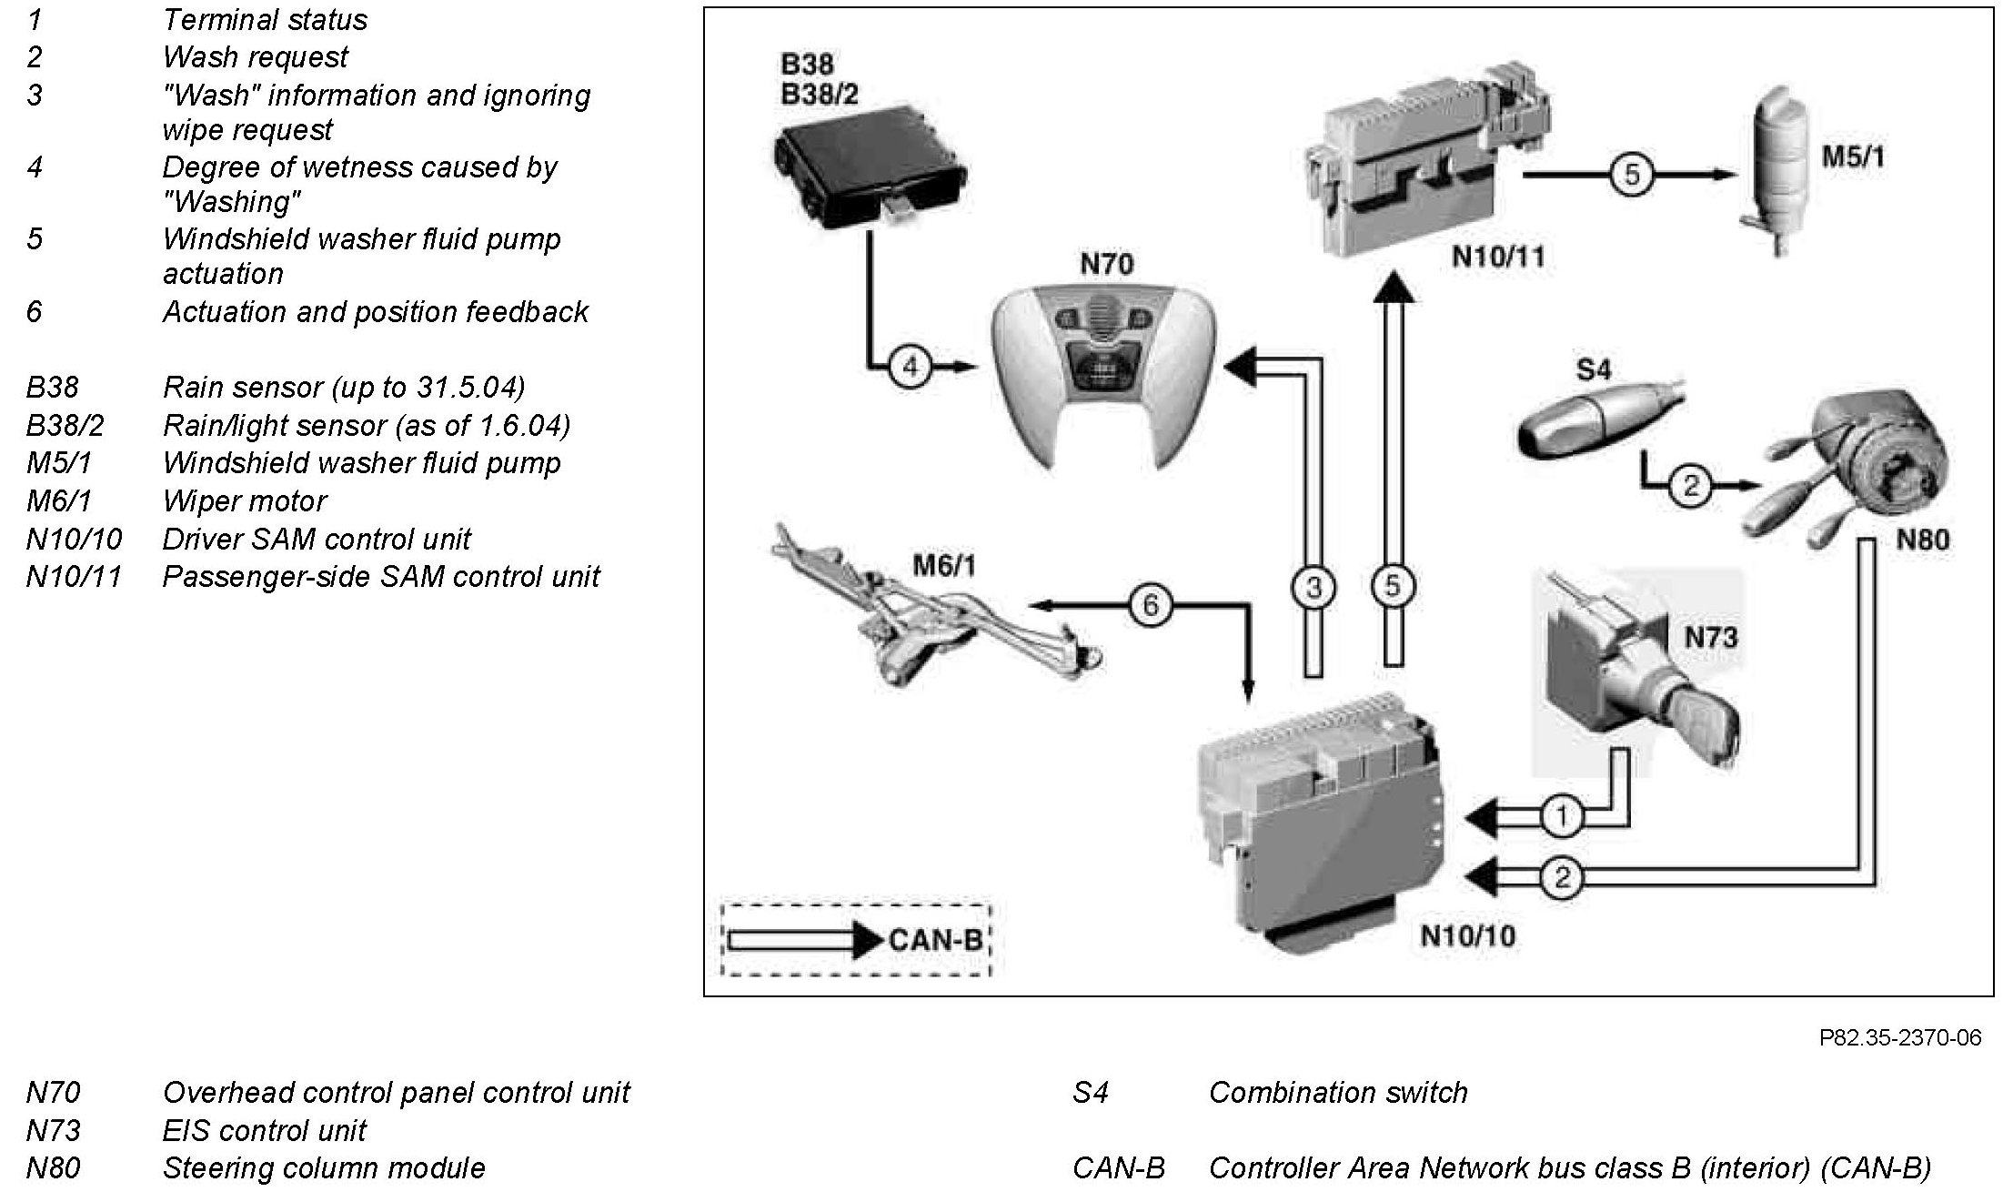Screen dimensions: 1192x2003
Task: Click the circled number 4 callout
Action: coord(911,367)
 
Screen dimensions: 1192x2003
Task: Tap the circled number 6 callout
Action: coord(1151,604)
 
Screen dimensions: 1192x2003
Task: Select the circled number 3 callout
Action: coord(1313,587)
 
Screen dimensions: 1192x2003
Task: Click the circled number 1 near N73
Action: coord(1561,816)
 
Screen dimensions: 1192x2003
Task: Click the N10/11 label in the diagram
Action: coord(1497,257)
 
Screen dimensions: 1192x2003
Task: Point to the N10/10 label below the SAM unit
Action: coord(1467,935)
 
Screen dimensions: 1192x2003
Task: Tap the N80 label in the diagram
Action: coord(1922,540)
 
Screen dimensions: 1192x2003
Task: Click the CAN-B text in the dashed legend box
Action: coord(935,939)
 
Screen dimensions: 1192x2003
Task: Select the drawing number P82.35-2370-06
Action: coord(1899,1038)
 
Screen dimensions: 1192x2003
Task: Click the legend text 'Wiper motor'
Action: coord(244,500)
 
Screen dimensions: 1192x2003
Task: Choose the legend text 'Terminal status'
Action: coord(265,19)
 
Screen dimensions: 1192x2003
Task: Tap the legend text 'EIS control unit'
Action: coord(264,1130)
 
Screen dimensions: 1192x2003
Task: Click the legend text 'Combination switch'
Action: coord(1337,1092)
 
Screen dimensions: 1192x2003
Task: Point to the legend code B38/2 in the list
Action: coord(63,425)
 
